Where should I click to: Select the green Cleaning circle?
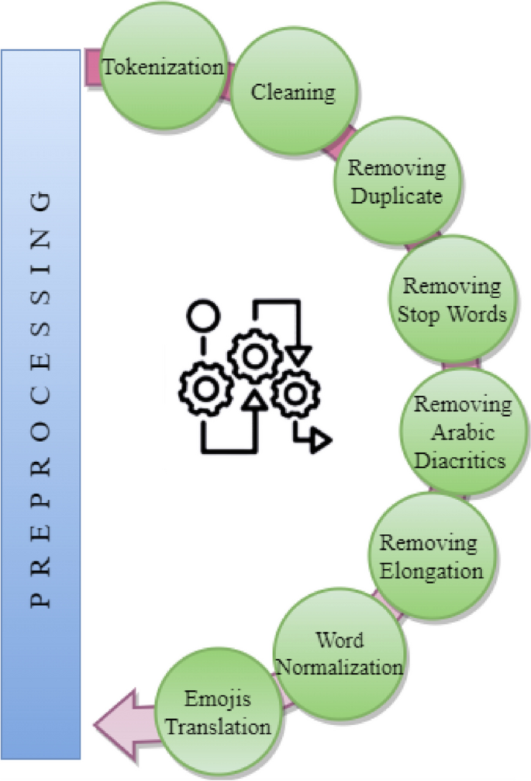293,92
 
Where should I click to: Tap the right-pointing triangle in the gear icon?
319,441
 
